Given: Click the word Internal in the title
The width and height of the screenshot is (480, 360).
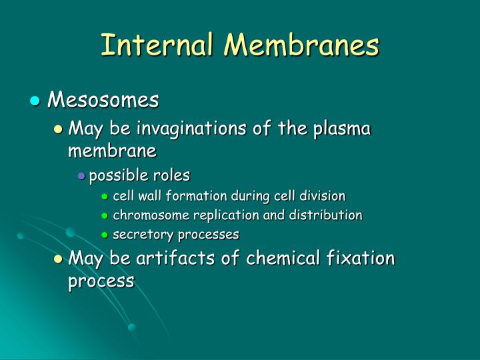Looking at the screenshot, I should [x=155, y=45].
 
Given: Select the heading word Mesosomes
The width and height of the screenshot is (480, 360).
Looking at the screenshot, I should [x=103, y=100].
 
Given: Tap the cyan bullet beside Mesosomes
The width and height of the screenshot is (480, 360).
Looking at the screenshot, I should [x=36, y=101].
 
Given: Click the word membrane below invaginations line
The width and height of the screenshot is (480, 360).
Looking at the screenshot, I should [x=112, y=151].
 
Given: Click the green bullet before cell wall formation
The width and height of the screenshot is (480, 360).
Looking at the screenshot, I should [x=105, y=197].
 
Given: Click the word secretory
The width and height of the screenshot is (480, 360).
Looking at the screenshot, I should [x=138, y=235].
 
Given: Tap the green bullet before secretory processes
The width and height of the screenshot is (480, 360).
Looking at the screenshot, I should [x=105, y=235].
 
